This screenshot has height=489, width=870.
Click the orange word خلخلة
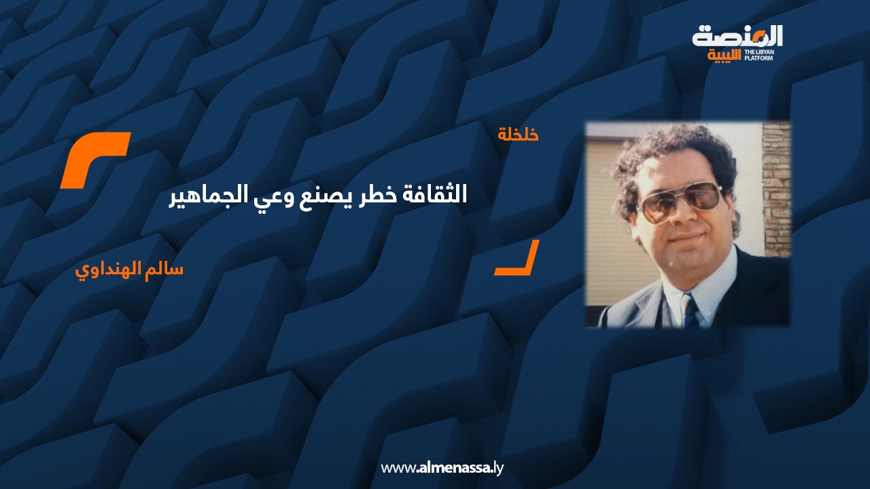click(518, 134)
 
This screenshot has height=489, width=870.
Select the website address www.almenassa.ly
click(442, 468)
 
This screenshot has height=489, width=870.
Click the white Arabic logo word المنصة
click(737, 37)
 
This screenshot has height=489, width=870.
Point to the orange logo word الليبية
click(724, 56)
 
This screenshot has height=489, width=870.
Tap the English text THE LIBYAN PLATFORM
click(759, 55)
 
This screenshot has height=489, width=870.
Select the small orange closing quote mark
click(517, 257)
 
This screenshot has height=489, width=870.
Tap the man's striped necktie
click(690, 311)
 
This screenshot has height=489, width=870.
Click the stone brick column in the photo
click(777, 190)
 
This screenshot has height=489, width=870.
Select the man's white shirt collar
click(699, 287)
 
